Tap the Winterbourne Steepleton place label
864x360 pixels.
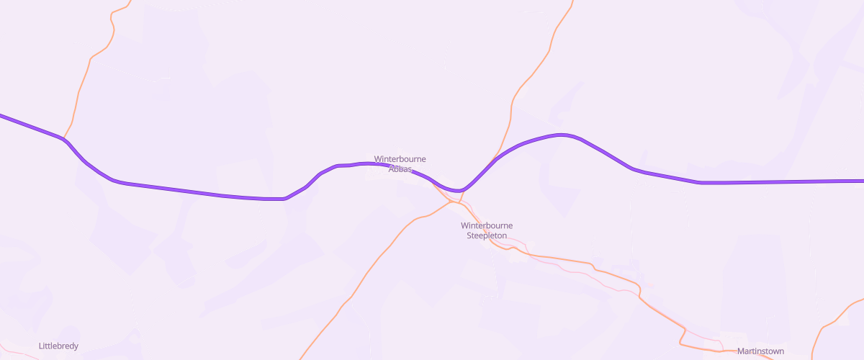click(x=487, y=230)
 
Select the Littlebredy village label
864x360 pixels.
click(x=58, y=346)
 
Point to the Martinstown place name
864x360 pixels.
click(x=760, y=351)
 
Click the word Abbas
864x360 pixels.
click(x=400, y=169)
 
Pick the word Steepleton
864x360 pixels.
click(x=487, y=235)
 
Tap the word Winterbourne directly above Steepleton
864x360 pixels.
click(x=487, y=225)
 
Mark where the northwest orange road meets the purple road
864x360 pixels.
click(x=64, y=138)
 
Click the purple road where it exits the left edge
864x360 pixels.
click(x=2, y=115)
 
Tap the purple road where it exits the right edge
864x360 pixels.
click(x=861, y=181)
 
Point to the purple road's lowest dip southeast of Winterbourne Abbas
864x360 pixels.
click(x=456, y=191)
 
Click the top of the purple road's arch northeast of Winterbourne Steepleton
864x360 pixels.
click(x=562, y=135)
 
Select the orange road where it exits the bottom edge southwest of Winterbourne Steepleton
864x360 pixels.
click(x=301, y=357)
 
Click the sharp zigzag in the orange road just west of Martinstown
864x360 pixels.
click(x=683, y=335)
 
